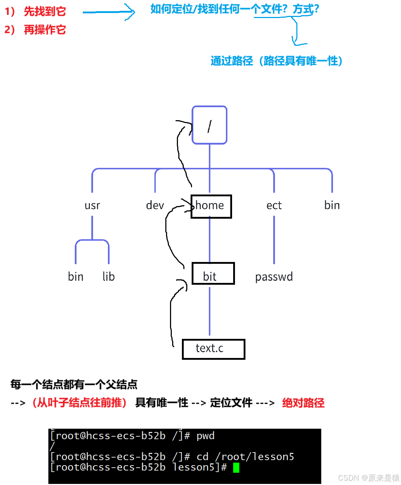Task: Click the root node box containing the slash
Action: pyautogui.click(x=209, y=125)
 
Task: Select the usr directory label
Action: pyautogui.click(x=92, y=205)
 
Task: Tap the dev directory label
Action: pyautogui.click(x=155, y=205)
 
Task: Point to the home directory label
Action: pyautogui.click(x=210, y=205)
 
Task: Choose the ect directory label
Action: pyautogui.click(x=274, y=205)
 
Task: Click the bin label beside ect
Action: pyautogui.click(x=332, y=205)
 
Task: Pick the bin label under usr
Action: pyautogui.click(x=76, y=276)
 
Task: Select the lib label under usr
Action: pyautogui.click(x=109, y=276)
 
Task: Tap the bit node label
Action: pyautogui.click(x=210, y=276)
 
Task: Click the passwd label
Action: pyautogui.click(x=274, y=277)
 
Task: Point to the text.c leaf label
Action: pyautogui.click(x=210, y=348)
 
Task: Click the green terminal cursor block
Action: pyautogui.click(x=236, y=468)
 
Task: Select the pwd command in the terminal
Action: pyautogui.click(x=205, y=436)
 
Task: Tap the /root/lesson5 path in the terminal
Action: pyautogui.click(x=255, y=457)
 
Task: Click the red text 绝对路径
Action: pyautogui.click(x=303, y=403)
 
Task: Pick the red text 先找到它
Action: pyautogui.click(x=45, y=12)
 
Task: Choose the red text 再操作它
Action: pyautogui.click(x=45, y=30)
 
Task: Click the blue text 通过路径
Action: pyautogui.click(x=232, y=61)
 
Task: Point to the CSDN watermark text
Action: pyautogui.click(x=368, y=477)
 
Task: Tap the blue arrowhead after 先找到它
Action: pyautogui.click(x=132, y=13)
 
